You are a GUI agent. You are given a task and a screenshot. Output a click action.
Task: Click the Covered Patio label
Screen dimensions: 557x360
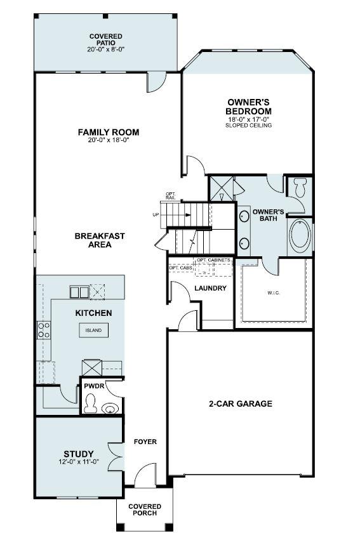tap(106, 39)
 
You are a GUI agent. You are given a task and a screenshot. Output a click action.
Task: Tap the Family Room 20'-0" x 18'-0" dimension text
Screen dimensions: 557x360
tap(109, 141)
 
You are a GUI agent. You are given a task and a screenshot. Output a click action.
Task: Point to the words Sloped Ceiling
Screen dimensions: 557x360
tap(248, 126)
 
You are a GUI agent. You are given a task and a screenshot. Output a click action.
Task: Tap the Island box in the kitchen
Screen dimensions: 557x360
tap(93, 331)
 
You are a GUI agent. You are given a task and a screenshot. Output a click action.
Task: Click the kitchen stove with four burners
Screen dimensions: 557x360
tap(44, 329)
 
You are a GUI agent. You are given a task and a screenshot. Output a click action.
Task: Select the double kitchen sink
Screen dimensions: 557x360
tap(79, 292)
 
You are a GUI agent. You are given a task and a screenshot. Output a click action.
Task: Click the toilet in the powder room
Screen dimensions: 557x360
tap(91, 403)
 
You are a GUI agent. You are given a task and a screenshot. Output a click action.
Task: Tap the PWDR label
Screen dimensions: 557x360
tap(91, 385)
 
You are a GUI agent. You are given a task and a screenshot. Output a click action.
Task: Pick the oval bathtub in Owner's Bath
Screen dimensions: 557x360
tap(300, 235)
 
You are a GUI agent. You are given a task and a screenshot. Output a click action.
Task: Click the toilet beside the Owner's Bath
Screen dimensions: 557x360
tap(300, 187)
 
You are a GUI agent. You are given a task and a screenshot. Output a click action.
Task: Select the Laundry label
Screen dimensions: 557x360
tap(210, 288)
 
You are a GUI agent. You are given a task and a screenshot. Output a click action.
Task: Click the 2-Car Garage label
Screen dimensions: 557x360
tap(241, 403)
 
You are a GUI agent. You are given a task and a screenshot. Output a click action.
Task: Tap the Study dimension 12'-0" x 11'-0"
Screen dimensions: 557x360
tap(79, 462)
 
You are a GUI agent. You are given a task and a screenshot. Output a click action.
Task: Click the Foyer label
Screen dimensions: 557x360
tap(145, 442)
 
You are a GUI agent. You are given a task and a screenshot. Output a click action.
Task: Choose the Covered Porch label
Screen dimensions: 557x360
tap(145, 509)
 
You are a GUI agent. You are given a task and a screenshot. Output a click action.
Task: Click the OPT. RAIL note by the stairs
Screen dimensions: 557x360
tap(170, 196)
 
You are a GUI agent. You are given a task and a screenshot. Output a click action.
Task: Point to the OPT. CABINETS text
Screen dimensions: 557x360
tap(213, 260)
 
